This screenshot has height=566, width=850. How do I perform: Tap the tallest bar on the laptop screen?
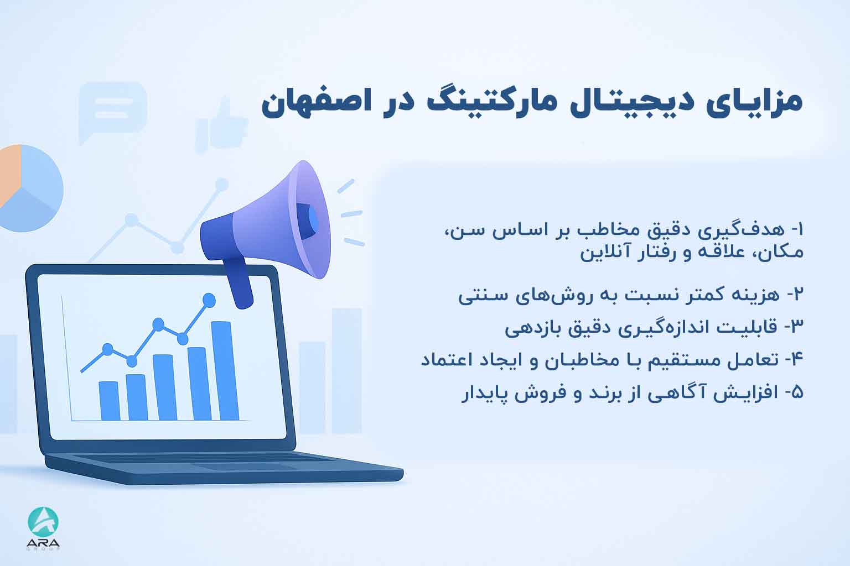point(221,370)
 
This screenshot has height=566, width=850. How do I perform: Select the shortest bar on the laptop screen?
point(109,401)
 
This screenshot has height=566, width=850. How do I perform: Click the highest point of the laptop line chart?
point(209,300)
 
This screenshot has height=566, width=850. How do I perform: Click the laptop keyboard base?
point(221,467)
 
